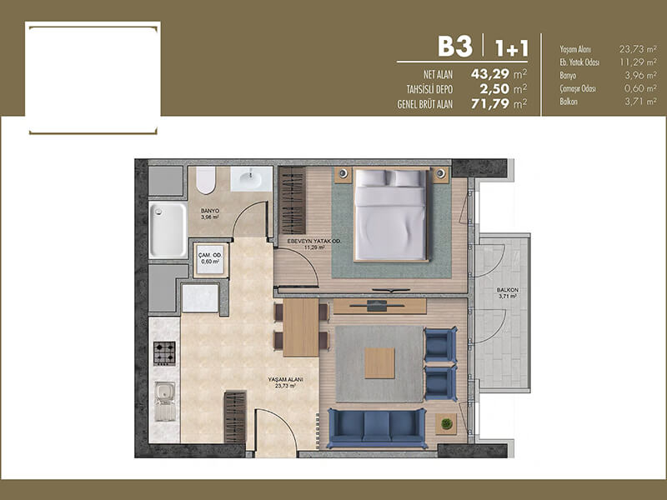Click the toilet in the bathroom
(206, 180)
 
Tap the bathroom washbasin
(251, 179)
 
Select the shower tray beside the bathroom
(168, 230)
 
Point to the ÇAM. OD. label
(211, 256)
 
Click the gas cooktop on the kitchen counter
(164, 353)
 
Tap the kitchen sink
(164, 402)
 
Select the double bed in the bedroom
(390, 215)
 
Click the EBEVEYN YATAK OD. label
(314, 241)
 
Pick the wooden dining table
(301, 327)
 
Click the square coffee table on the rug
(380, 363)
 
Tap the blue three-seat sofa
(377, 428)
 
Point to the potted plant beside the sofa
(446, 424)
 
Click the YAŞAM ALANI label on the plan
(285, 379)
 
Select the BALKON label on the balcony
(508, 290)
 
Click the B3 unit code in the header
(455, 47)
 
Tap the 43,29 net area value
(490, 74)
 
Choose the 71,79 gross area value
(490, 103)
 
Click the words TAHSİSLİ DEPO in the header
(429, 90)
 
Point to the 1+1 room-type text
(512, 48)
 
